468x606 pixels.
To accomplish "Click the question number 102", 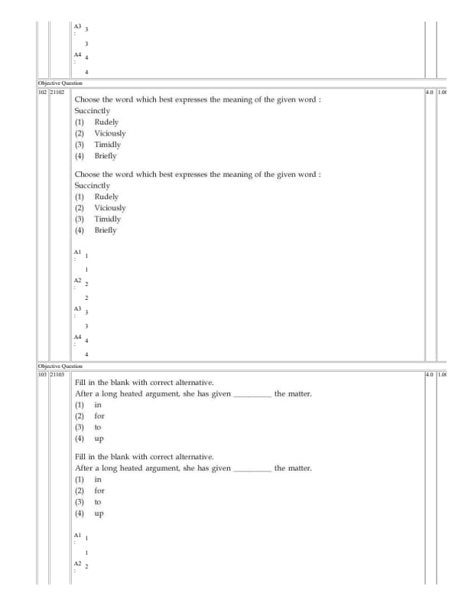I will tap(42, 92).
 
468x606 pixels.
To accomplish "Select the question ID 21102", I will tap(57, 92).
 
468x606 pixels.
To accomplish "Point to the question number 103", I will tap(42, 374).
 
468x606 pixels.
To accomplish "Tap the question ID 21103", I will tap(57, 374).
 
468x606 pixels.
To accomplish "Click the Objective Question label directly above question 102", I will tap(60, 83).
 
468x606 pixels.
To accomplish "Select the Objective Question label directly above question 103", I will tap(60, 366).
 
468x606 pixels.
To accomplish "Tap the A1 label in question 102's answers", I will tap(77, 252).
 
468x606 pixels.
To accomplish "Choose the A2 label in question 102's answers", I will tap(77, 280).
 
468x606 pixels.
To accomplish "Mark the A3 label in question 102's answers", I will tap(77, 308).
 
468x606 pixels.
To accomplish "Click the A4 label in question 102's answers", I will tap(77, 337).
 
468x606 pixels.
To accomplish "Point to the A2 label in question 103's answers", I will tap(77, 563).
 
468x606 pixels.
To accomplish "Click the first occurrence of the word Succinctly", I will tap(93, 111).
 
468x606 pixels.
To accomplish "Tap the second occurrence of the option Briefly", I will tap(106, 230).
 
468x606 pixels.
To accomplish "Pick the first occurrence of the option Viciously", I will tap(110, 133).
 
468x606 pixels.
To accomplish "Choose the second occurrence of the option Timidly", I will tap(108, 219).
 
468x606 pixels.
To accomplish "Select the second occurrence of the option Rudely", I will tap(106, 197).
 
